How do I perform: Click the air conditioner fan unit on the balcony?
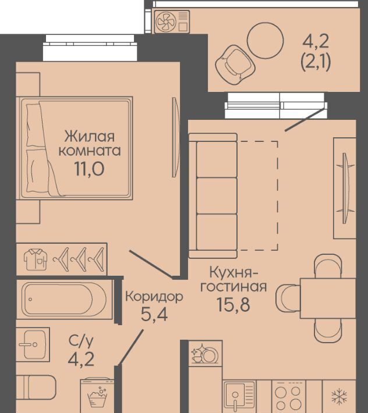[x=172, y=22]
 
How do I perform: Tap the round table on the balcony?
[x=265, y=40]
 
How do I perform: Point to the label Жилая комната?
[x=90, y=144]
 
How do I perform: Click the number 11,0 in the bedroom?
[x=90, y=169]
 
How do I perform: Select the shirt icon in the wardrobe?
[x=36, y=259]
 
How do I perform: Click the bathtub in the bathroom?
[x=64, y=299]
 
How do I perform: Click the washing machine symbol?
[x=98, y=396]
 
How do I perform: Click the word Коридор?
[x=154, y=297]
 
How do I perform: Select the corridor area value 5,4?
[x=154, y=314]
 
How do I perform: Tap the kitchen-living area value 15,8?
[x=233, y=304]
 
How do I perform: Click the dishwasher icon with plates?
[x=205, y=354]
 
